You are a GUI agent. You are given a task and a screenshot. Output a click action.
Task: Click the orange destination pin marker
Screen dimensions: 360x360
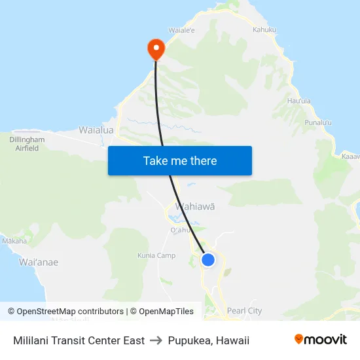coord(156,47)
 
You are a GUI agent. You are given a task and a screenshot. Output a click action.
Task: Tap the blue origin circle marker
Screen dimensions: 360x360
coord(208,260)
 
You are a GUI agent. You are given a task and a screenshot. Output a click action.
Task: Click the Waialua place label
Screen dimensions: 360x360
coord(96,130)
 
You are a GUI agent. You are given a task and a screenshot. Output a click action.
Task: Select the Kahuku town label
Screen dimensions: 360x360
coord(265,29)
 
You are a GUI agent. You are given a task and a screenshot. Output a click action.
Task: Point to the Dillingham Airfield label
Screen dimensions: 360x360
coord(27,144)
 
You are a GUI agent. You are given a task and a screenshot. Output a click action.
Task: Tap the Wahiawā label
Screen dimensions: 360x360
coord(195,206)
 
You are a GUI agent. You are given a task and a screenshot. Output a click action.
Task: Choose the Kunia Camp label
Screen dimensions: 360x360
coord(156,255)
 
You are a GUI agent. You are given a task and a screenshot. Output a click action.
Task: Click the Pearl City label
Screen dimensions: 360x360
coord(244,311)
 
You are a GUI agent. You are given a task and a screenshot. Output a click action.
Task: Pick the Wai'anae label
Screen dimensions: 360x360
coord(39,262)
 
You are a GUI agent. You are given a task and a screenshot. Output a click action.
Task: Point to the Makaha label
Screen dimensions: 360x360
coord(14,241)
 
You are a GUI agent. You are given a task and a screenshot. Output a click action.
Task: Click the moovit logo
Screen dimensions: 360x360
coord(321,340)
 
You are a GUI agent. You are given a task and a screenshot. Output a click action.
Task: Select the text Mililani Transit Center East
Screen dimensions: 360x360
coord(79,340)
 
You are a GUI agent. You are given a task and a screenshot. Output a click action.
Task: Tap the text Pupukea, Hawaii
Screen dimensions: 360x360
coord(209,340)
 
